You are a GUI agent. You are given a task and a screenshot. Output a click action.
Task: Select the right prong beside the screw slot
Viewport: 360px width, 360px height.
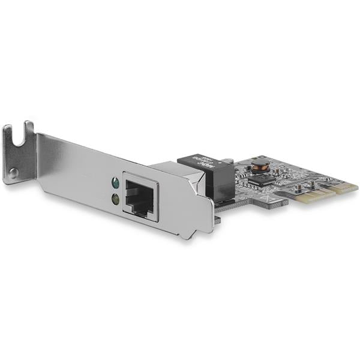30,128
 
